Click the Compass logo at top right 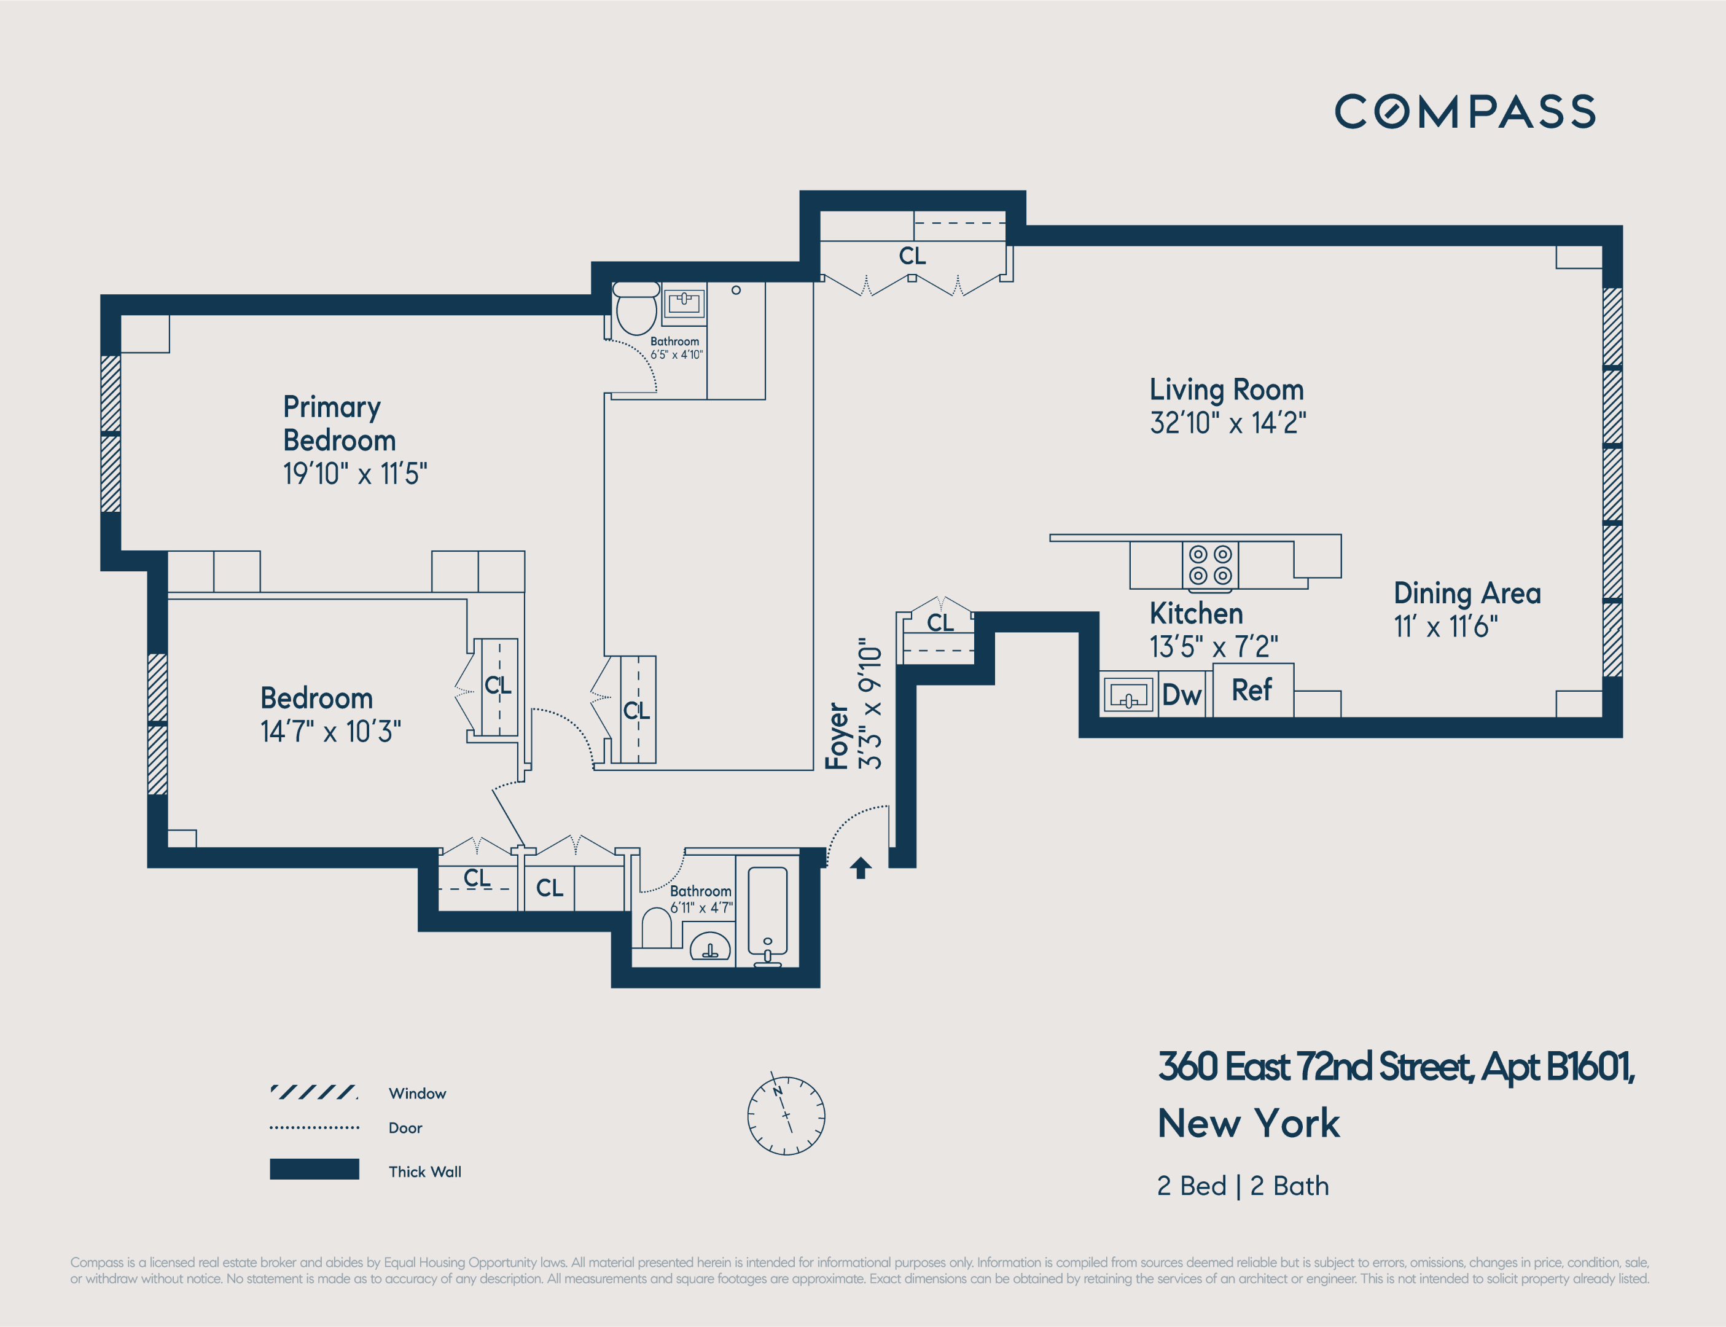tap(1465, 111)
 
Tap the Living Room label tap(1226, 389)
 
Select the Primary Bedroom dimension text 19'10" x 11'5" tap(355, 474)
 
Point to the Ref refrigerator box tap(1252, 689)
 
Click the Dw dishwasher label tap(1181, 695)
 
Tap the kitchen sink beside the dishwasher tap(1129, 694)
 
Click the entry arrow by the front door tap(861, 867)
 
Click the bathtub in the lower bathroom tap(767, 915)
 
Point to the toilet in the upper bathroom tap(636, 309)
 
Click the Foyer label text tap(837, 736)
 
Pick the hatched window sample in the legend tap(314, 1092)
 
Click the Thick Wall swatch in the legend tap(314, 1169)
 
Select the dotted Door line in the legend tap(314, 1128)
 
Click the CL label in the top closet tap(912, 256)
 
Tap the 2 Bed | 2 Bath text tap(1243, 1186)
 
